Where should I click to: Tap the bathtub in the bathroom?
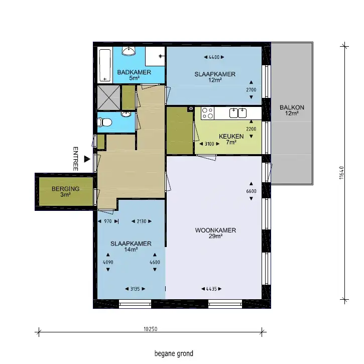(x=105, y=65)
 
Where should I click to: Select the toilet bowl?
(x=104, y=123)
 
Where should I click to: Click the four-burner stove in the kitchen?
(x=207, y=113)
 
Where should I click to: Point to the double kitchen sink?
(x=238, y=113)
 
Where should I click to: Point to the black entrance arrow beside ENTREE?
(x=87, y=159)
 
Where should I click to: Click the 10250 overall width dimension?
(x=151, y=329)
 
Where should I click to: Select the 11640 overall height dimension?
(x=341, y=173)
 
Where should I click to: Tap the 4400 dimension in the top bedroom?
(x=214, y=57)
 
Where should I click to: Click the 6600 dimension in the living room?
(x=251, y=191)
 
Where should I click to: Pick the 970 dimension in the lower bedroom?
(x=108, y=221)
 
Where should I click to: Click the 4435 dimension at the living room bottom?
(x=211, y=289)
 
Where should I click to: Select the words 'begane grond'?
(x=174, y=353)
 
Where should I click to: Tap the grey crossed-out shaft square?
(x=108, y=97)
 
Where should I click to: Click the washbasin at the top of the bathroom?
(x=129, y=51)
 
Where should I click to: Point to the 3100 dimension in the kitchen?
(x=209, y=144)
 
